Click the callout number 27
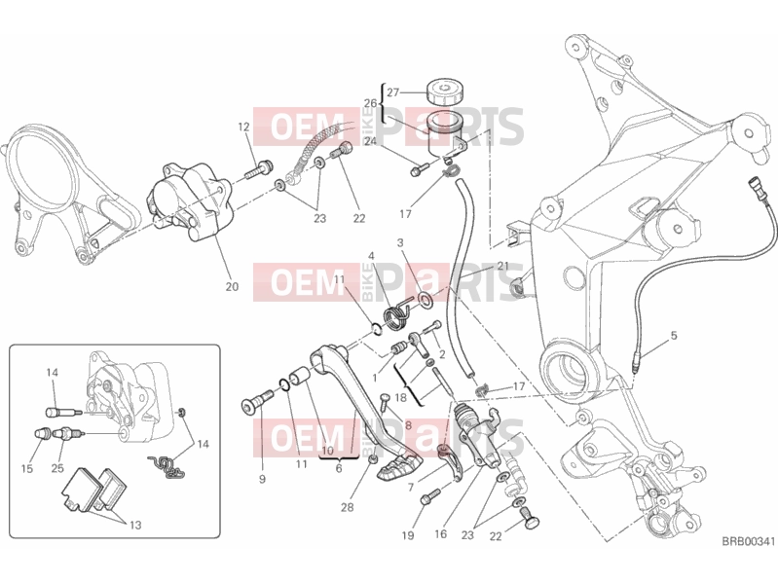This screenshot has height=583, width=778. (393, 92)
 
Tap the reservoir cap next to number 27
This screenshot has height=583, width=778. (444, 91)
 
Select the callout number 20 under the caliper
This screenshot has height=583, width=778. (232, 286)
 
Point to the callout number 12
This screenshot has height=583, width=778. (243, 127)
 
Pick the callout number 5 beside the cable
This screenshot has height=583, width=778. (673, 336)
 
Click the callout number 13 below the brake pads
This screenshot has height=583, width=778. (135, 525)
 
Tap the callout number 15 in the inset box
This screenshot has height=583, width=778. (27, 468)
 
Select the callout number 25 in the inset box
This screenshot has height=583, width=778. (57, 468)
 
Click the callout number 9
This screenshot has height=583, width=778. (262, 479)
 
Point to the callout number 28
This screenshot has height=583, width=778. (348, 507)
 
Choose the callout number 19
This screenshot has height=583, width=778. (407, 535)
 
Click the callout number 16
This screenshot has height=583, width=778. (440, 534)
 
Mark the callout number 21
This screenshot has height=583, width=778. (502, 267)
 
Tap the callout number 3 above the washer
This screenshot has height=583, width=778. (400, 242)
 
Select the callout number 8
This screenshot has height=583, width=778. (408, 425)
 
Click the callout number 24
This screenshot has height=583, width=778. (371, 141)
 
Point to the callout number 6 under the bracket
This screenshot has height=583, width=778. (339, 468)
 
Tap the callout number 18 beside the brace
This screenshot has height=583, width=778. (400, 398)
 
